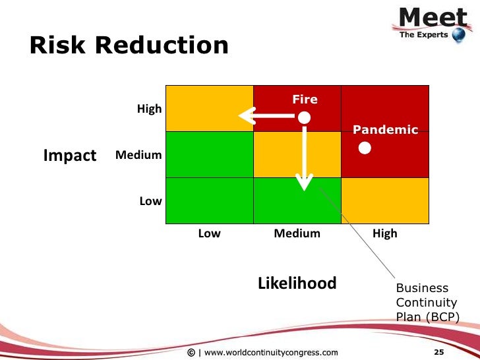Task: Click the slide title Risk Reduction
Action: tap(129, 45)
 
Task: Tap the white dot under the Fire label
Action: tap(303, 117)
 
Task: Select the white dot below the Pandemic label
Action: tap(364, 149)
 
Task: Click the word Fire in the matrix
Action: tap(305, 100)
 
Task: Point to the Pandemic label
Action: tap(385, 130)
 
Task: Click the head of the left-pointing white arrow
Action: tap(247, 117)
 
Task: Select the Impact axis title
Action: tap(69, 156)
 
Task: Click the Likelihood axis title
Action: tap(297, 284)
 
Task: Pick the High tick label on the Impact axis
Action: tap(149, 109)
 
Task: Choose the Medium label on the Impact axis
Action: tap(138, 156)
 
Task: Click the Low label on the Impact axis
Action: tap(150, 201)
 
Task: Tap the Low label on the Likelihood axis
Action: tap(209, 233)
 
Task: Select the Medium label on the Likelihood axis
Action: tap(297, 233)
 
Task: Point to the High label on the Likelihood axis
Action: tap(385, 233)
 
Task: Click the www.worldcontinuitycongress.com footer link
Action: tap(271, 352)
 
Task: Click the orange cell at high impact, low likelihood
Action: tap(209, 108)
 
